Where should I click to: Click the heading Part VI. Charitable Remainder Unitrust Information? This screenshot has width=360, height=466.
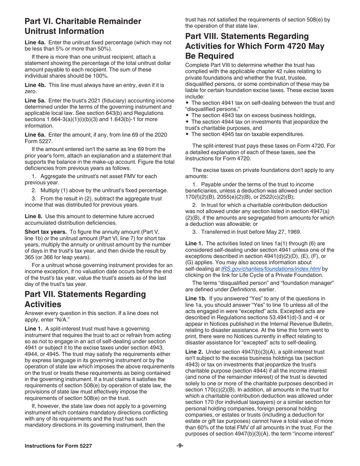[83, 26]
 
